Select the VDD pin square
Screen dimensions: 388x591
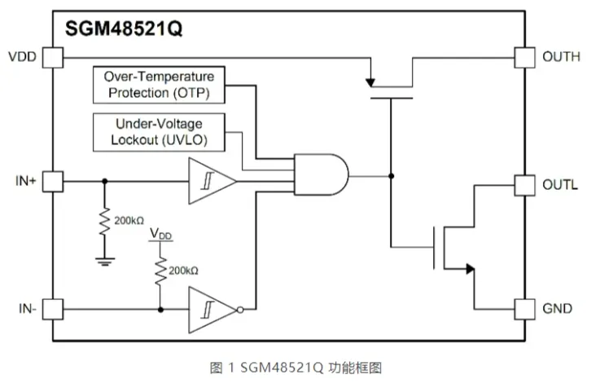tap(52, 57)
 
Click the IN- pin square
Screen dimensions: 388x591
tap(52, 310)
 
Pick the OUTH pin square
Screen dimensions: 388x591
tap(525, 57)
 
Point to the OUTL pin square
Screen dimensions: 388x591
tap(525, 185)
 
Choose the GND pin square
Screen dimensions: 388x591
tap(525, 310)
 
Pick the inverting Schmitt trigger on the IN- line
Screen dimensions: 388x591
tap(213, 310)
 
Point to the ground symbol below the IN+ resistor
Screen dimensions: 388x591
tap(104, 261)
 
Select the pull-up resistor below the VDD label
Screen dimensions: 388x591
tap(161, 273)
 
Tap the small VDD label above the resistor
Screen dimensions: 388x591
tap(161, 235)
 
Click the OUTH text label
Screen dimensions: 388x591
tap(561, 57)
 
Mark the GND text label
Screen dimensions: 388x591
tap(558, 310)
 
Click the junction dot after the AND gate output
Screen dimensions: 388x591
tap(392, 175)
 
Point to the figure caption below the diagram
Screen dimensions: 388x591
tap(295, 368)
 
